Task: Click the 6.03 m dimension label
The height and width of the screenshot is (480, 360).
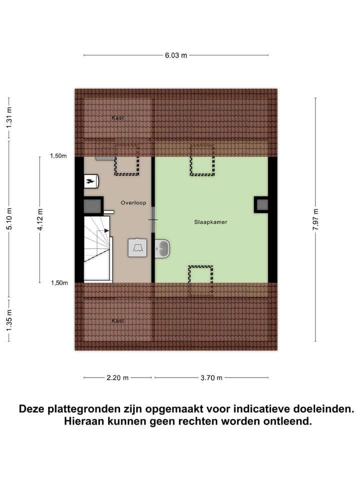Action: click(176, 55)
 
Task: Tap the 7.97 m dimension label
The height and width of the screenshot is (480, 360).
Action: click(315, 219)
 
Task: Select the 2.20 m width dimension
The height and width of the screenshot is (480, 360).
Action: click(118, 378)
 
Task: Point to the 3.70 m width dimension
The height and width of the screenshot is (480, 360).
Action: click(211, 378)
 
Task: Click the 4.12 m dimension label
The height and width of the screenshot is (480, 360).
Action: click(40, 219)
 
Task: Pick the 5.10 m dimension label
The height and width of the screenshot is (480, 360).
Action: click(9, 219)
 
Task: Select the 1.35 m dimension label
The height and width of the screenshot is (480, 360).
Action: click(9, 320)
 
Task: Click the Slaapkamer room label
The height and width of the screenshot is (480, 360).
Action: click(211, 221)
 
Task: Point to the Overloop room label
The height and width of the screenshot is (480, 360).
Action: click(133, 202)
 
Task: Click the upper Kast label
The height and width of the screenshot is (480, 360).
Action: click(118, 118)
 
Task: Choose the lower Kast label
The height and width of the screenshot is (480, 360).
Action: click(118, 320)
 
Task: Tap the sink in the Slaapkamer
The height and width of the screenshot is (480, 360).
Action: click(162, 247)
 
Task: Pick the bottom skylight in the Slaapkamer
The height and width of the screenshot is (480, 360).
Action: click(200, 280)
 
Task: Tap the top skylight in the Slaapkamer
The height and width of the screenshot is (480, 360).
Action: click(202, 159)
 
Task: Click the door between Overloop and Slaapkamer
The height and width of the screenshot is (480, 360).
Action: click(153, 220)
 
